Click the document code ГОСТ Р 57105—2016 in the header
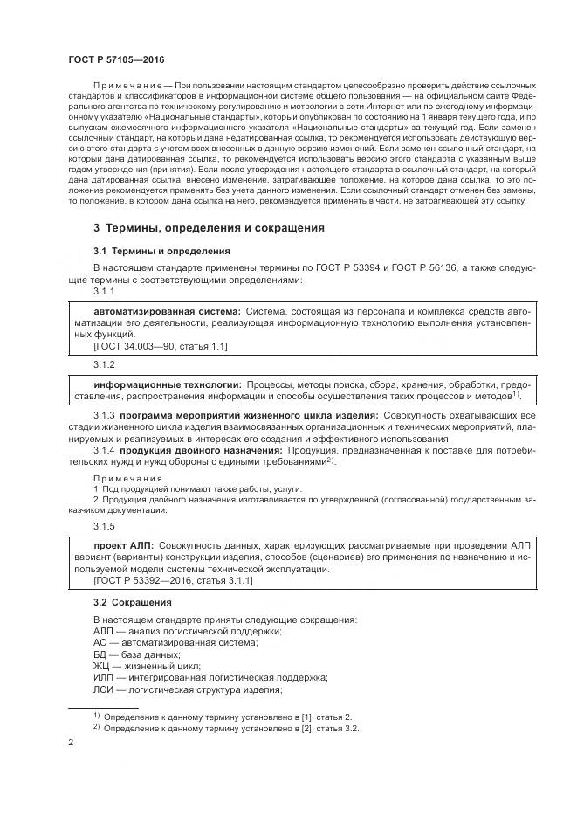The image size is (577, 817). pos(115,59)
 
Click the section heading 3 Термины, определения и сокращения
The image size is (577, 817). pos(209,228)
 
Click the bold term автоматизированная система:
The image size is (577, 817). pos(167,311)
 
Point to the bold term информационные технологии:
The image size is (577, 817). pos(168,384)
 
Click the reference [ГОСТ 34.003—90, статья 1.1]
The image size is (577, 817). pos(160,346)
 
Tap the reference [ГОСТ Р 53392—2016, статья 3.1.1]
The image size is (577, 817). pos(173,580)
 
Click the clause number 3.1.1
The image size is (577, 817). pos(104,291)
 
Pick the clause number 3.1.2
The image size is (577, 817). pos(104,364)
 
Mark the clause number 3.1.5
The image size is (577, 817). pos(104,526)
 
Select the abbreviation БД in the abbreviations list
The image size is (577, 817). pos(100,654)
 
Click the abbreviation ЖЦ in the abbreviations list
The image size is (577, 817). pos(100,666)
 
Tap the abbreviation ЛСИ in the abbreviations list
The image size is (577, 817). pos(102,689)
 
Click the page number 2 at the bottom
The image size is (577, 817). pos(71,742)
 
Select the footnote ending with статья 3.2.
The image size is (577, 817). pos(231,727)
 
